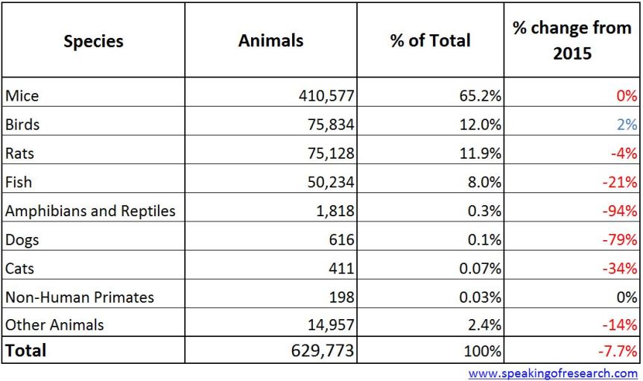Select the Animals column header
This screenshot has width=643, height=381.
click(270, 40)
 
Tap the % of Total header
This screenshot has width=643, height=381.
click(430, 40)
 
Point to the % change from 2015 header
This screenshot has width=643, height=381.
click(571, 40)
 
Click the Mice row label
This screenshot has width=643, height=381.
click(22, 95)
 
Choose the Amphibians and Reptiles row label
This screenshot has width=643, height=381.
click(90, 210)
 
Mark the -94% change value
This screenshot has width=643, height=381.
click(620, 211)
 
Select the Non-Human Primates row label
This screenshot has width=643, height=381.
click(80, 297)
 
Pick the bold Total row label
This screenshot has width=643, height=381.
click(25, 350)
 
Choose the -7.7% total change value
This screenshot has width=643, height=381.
click(617, 351)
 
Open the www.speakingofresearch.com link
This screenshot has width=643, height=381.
click(553, 373)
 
